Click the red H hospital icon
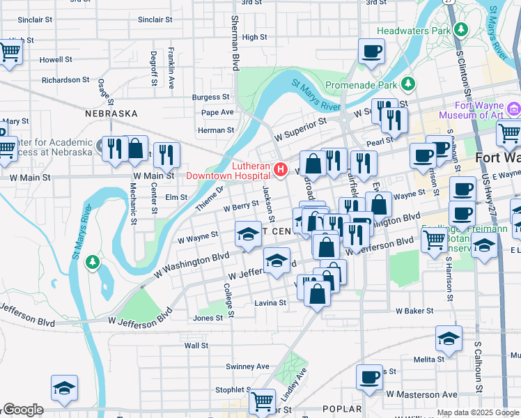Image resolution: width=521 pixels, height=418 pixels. (x=280, y=169)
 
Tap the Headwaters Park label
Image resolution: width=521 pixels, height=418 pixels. (x=413, y=31)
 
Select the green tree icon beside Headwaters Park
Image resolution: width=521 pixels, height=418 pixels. (x=460, y=30)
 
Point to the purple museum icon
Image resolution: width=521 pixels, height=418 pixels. (x=514, y=109)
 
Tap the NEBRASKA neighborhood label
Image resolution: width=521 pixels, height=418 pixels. (x=111, y=113)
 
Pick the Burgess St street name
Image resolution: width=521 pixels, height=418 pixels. (x=211, y=98)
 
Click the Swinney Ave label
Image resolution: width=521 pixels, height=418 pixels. (x=247, y=366)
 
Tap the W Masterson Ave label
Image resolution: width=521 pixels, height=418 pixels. (x=422, y=394)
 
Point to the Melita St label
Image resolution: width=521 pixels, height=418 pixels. (x=428, y=359)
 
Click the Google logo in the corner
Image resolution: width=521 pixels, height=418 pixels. (x=23, y=410)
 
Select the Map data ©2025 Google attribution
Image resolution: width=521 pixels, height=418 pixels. (x=477, y=412)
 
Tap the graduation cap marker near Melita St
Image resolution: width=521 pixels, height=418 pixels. (x=449, y=339)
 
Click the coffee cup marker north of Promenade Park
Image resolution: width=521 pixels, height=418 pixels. (x=371, y=51)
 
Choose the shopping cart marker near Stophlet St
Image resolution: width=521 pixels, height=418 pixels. (x=262, y=401)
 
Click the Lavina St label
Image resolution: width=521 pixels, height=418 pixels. (x=270, y=303)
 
